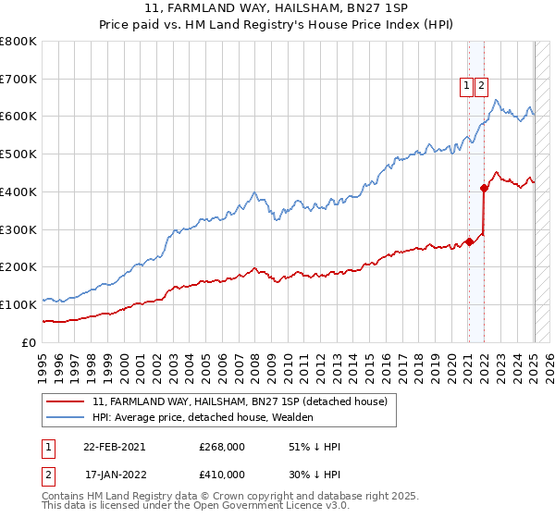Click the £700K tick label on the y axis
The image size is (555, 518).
(x=18, y=80)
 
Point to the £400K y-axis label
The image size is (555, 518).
(x=18, y=192)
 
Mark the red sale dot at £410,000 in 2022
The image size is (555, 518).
(x=484, y=188)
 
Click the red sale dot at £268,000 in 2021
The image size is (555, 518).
(x=469, y=241)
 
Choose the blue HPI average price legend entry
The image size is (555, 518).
(x=203, y=417)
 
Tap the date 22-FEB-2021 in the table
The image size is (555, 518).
(x=115, y=447)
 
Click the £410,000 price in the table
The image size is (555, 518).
(x=222, y=475)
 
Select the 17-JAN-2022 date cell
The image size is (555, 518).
(x=115, y=475)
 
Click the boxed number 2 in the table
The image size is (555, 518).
(x=49, y=475)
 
